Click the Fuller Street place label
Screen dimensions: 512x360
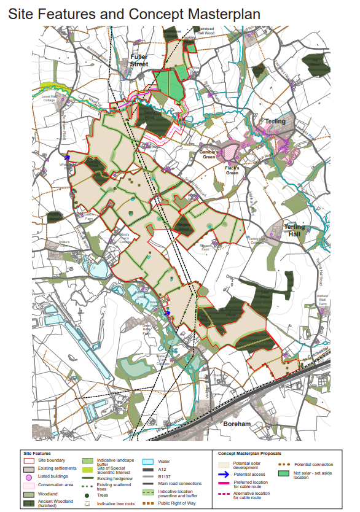point(139,60)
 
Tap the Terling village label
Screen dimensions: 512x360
point(275,122)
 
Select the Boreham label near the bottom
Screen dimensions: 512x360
point(237,424)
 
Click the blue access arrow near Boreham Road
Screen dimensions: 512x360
point(67,158)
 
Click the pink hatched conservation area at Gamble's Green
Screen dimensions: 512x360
point(229,150)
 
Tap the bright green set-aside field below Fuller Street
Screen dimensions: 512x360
point(170,87)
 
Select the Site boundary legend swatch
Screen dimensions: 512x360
point(28,460)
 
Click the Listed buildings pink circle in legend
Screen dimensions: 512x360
point(28,477)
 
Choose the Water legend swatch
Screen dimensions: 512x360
point(147,460)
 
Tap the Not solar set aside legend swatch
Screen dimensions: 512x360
point(283,474)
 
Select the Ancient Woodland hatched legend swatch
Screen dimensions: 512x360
point(28,503)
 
